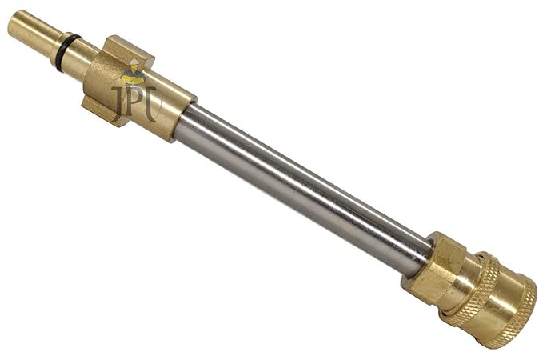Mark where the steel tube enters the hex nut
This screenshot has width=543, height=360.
click(419, 254)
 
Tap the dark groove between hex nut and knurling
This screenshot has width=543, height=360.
click(453, 279)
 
